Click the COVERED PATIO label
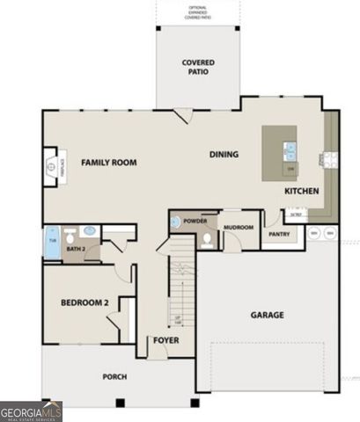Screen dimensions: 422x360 [x=198, y=68]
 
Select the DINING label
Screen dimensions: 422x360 [x=224, y=155]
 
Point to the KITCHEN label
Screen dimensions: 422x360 [x=301, y=191]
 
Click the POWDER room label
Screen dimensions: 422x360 [x=195, y=221]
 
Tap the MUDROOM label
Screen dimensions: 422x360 [x=238, y=228]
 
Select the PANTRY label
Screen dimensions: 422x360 [x=279, y=234]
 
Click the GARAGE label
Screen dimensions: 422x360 [x=267, y=315]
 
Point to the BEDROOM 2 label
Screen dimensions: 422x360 [x=84, y=303]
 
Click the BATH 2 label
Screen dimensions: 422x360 [x=76, y=250]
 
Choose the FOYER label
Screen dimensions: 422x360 [x=166, y=340]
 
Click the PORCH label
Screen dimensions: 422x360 [x=114, y=376]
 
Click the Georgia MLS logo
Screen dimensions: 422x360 [x=31, y=411]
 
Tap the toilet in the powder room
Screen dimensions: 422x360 [x=206, y=237]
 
